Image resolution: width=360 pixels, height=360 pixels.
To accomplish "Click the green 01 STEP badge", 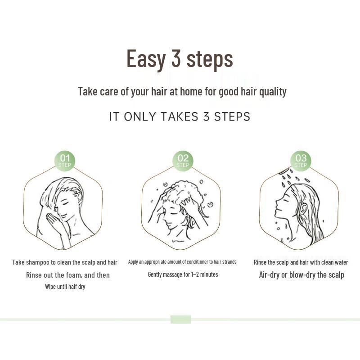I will pyautogui.click(x=65, y=161).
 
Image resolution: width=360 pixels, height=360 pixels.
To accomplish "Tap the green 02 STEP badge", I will pyautogui.click(x=183, y=161).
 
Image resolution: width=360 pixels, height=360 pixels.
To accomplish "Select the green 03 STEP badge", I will pyautogui.click(x=301, y=161).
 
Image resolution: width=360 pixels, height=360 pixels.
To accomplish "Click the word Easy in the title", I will pyautogui.click(x=146, y=59).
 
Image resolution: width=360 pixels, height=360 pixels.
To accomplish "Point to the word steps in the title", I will pyautogui.click(x=210, y=59).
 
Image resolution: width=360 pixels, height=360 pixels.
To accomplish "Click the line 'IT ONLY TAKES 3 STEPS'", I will pyautogui.click(x=180, y=117).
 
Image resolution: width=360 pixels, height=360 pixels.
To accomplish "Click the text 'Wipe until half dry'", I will pyautogui.click(x=65, y=287).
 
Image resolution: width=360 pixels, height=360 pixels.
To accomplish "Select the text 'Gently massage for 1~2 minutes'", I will pyautogui.click(x=183, y=274).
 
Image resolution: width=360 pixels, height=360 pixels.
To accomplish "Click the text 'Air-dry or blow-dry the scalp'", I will pyautogui.click(x=301, y=275).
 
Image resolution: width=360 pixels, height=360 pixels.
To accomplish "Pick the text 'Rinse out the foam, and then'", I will pyautogui.click(x=68, y=275).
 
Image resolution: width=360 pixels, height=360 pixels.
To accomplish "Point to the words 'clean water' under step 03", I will pyautogui.click(x=333, y=262).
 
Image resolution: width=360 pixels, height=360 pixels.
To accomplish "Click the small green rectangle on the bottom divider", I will pyautogui.click(x=180, y=319).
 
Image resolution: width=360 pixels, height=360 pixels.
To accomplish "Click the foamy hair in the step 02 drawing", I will pyautogui.click(x=182, y=191).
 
